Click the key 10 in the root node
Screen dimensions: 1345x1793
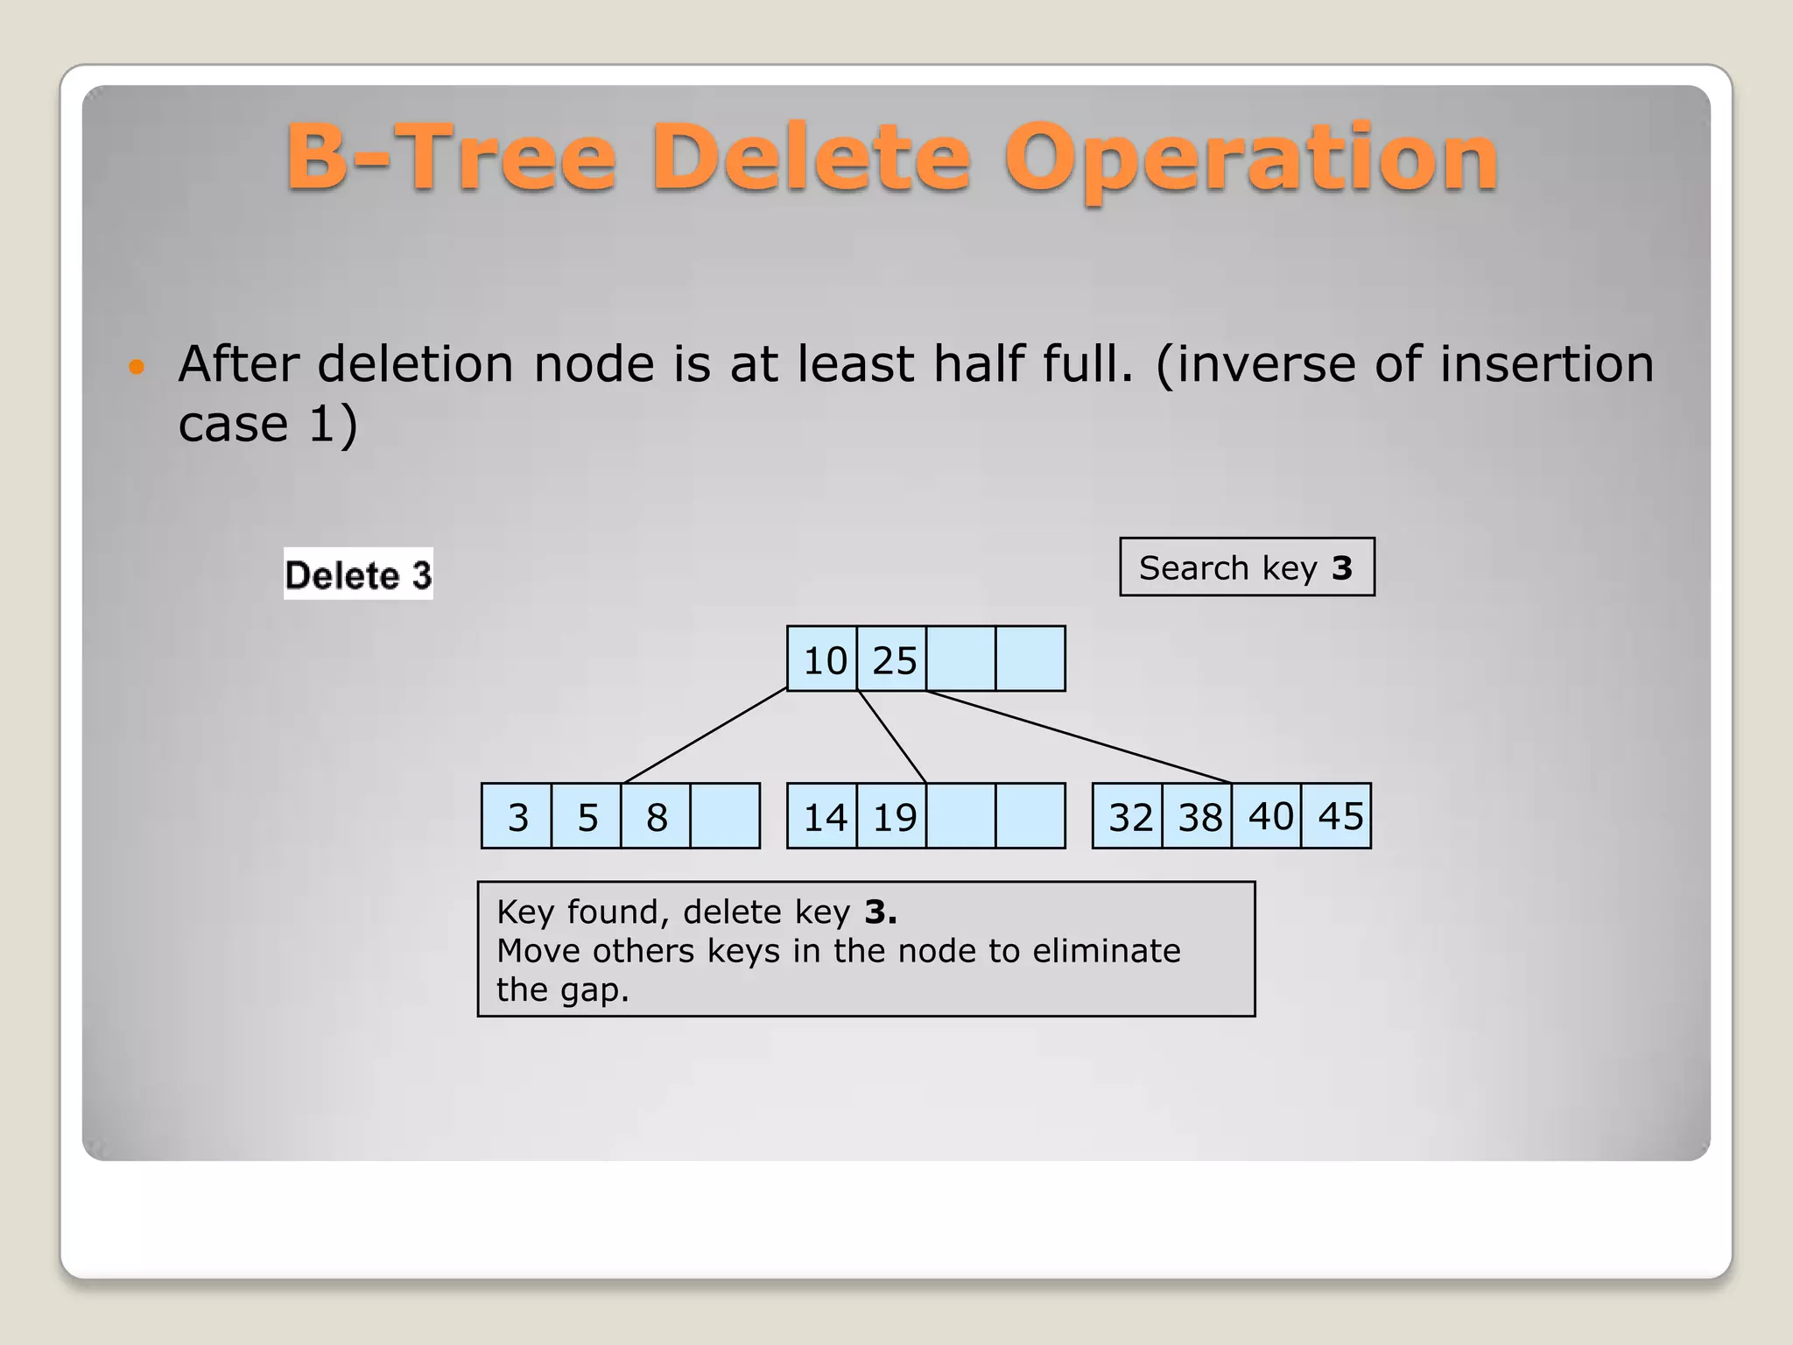823,659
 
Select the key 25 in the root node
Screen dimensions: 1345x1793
893,659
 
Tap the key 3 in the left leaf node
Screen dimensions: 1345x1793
517,817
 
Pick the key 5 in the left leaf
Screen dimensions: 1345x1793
587,817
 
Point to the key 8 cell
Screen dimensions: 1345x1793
657,817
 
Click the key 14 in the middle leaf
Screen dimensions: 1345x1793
823,817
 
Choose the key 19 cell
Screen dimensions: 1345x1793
893,817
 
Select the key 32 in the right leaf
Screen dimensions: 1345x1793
1129,817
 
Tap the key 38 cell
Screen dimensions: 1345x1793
1199,817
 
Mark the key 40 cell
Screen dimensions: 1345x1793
1269,817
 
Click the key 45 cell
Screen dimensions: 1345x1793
1339,817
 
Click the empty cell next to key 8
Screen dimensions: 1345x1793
726,817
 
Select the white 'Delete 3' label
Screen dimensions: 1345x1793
358,574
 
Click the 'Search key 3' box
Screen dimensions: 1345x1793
1247,567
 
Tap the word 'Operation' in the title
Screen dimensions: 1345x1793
1252,159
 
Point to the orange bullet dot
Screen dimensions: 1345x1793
136,366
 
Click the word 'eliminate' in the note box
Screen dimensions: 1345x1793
1106,951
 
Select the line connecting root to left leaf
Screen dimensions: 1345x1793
706,736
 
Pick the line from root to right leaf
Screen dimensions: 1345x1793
1079,736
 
